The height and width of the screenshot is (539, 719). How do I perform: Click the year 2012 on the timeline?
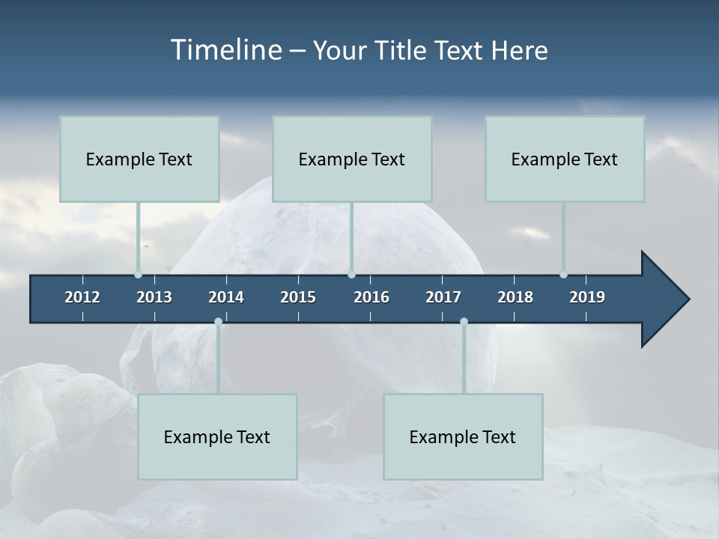pyautogui.click(x=82, y=297)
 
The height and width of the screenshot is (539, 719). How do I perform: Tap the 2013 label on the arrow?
pyautogui.click(x=154, y=297)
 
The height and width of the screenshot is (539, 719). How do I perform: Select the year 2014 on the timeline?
pyautogui.click(x=226, y=297)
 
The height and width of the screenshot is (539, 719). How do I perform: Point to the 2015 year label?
pyautogui.click(x=298, y=297)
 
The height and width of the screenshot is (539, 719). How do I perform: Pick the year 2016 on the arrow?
pyautogui.click(x=371, y=297)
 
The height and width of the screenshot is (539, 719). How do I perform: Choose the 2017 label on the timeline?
pyautogui.click(x=443, y=297)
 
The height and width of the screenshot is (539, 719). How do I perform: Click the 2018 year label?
pyautogui.click(x=515, y=297)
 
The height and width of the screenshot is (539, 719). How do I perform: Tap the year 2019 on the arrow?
pyautogui.click(x=587, y=297)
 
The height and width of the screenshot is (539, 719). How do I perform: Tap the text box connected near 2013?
pyautogui.click(x=139, y=159)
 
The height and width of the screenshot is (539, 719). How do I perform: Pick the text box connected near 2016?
pyautogui.click(x=352, y=159)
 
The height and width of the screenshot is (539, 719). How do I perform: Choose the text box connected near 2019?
pyautogui.click(x=565, y=159)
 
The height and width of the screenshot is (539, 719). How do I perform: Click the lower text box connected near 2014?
pyautogui.click(x=217, y=436)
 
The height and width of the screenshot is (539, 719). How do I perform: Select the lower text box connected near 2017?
pyautogui.click(x=463, y=436)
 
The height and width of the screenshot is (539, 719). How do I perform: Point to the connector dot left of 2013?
pyautogui.click(x=138, y=275)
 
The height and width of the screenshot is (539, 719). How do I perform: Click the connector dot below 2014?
pyautogui.click(x=218, y=321)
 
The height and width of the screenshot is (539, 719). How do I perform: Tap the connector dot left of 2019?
pyautogui.click(x=563, y=275)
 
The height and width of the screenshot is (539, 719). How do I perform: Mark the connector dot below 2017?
pyautogui.click(x=464, y=321)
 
